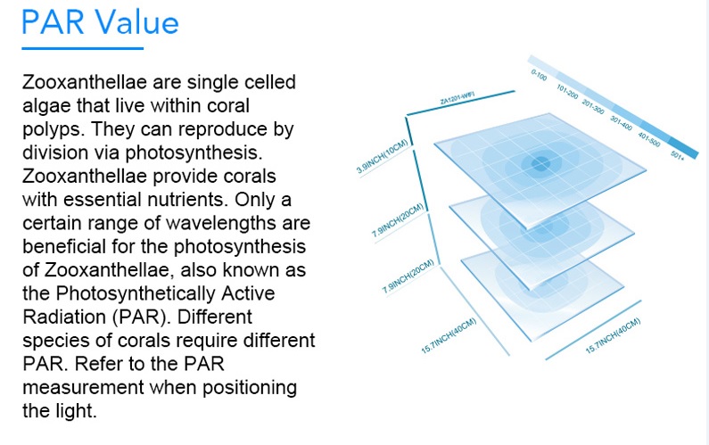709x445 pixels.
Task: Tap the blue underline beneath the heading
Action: point(83,48)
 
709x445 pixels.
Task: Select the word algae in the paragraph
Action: point(46,107)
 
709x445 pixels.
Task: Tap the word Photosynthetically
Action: point(136,294)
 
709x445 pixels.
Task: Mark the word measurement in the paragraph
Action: point(83,388)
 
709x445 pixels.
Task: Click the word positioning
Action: point(250,389)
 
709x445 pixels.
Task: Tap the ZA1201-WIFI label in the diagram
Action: point(458,98)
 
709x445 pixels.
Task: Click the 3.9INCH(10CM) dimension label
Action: point(383,156)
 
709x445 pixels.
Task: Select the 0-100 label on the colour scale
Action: point(539,75)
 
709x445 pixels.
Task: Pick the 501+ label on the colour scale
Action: point(678,154)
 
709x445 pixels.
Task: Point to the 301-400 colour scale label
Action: point(621,123)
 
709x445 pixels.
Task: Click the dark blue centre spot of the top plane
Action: point(540,164)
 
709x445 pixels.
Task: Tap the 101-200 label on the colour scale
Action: point(567,92)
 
